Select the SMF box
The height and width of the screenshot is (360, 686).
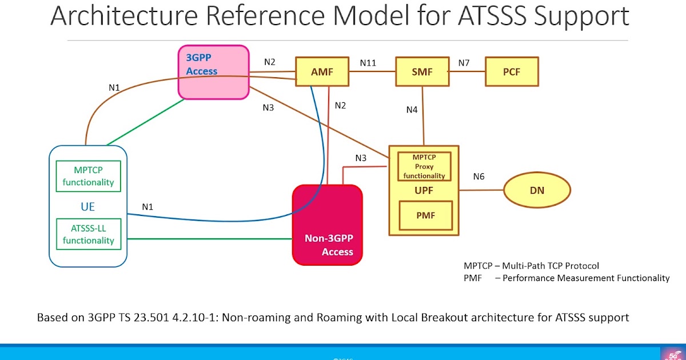[422, 72]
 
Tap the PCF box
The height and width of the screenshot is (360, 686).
[511, 72]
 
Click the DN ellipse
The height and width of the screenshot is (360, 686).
[537, 190]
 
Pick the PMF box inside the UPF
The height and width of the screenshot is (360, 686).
[426, 215]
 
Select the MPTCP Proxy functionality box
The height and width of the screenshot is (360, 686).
[424, 166]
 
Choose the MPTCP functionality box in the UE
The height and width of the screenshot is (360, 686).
[88, 177]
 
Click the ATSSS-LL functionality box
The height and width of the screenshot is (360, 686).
[88, 234]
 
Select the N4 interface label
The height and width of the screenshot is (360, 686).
[412, 110]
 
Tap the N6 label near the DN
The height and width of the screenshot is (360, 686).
[478, 177]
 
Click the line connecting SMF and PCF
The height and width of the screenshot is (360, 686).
[466, 72]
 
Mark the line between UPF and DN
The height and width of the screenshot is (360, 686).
[481, 190]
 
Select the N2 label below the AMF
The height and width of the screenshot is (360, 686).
[340, 105]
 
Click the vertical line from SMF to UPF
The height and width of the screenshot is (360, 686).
[423, 114]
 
